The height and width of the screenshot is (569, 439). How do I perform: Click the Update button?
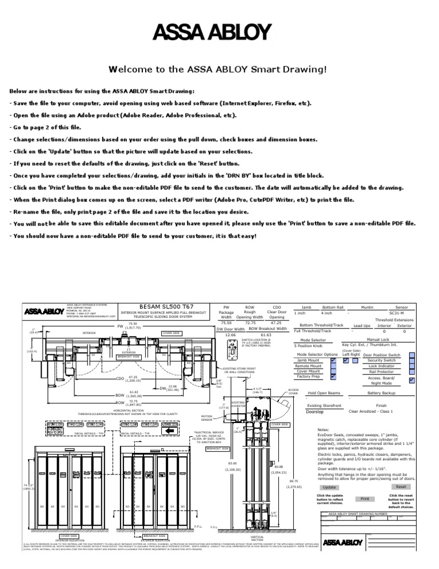329,487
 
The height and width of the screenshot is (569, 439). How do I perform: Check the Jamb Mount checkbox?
333,360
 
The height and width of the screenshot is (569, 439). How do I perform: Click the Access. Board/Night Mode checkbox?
413,380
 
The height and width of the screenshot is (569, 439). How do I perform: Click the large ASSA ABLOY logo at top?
219,33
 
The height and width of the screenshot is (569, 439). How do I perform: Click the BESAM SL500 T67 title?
159,307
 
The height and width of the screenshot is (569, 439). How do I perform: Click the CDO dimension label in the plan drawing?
120,379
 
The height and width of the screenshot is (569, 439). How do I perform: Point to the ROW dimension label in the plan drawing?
120,403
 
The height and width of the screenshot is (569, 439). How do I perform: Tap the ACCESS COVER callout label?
293,392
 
